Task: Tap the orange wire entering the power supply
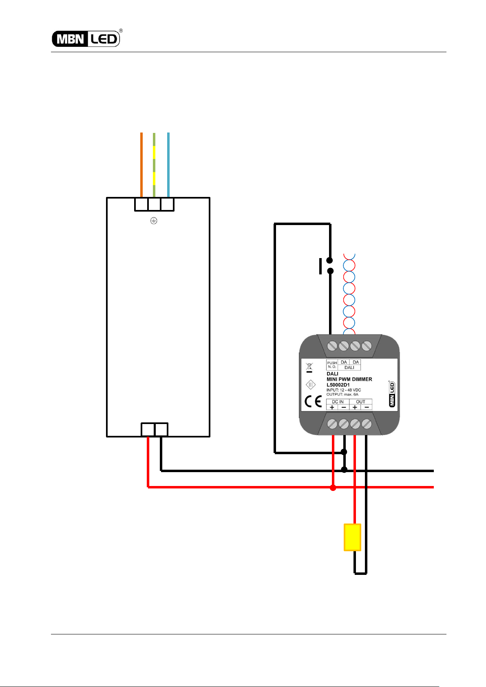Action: (x=141, y=165)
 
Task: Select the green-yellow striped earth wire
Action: (x=154, y=165)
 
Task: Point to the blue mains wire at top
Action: (x=168, y=165)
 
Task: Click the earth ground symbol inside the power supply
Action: (x=154, y=221)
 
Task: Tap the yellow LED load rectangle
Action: (x=352, y=537)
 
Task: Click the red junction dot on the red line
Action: (x=333, y=488)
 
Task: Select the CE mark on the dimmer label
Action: (x=313, y=402)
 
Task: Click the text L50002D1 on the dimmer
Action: (x=338, y=385)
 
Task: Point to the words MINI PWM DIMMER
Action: (x=349, y=380)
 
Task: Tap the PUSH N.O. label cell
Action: (x=332, y=364)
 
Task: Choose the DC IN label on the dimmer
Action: (x=338, y=402)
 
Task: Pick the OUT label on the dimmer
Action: (x=360, y=402)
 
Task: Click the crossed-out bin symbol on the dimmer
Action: (x=309, y=367)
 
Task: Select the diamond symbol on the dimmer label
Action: (x=311, y=384)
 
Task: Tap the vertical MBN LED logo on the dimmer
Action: (x=392, y=394)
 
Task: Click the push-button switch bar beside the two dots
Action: (x=320, y=266)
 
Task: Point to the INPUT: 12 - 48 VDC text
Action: (x=344, y=390)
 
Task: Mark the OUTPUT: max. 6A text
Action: (x=342, y=394)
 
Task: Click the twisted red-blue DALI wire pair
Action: (x=349, y=294)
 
